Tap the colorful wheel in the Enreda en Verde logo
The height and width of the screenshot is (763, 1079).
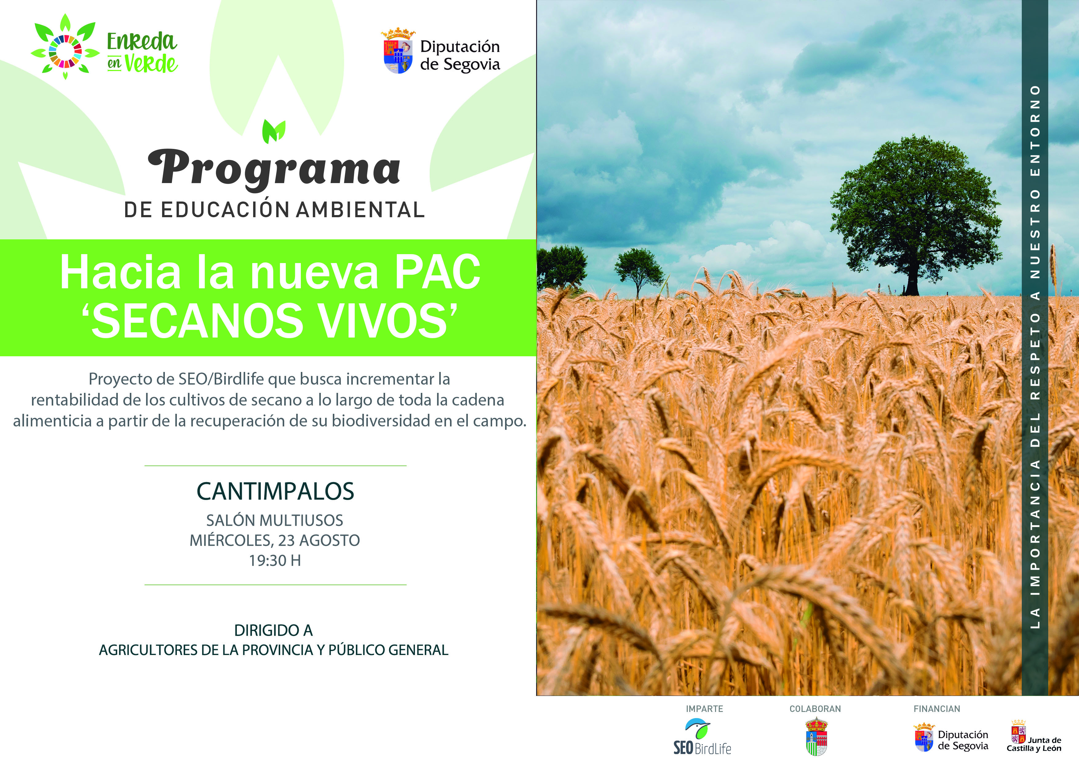(x=65, y=50)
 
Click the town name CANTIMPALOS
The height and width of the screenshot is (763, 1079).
(x=275, y=491)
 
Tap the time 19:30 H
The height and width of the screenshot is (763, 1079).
(x=275, y=560)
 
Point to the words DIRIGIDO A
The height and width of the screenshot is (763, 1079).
(x=273, y=630)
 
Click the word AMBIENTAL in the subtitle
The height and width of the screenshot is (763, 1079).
(x=360, y=210)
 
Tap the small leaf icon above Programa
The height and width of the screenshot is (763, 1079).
(x=274, y=131)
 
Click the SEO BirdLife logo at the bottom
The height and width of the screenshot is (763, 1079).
(x=702, y=737)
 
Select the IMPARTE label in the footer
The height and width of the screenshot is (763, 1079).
(x=704, y=709)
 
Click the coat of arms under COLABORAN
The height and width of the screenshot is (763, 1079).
(x=816, y=737)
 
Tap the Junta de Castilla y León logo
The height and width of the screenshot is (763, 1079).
(x=1033, y=737)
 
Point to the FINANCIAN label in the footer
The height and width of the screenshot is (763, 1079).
(x=937, y=709)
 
